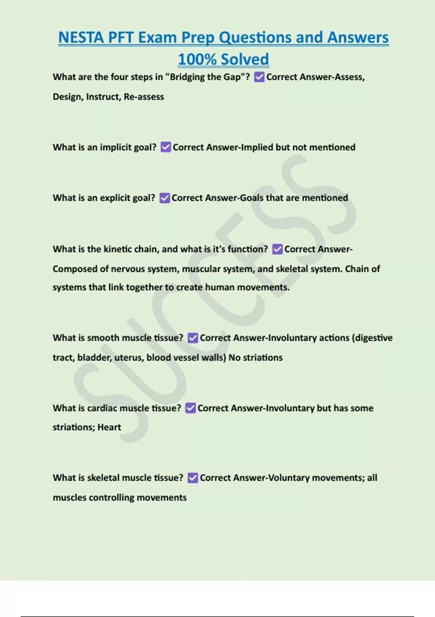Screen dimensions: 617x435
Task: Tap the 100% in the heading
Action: [x=197, y=59]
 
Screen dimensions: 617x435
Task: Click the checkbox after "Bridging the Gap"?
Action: [x=259, y=77]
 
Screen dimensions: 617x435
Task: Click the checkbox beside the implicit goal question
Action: [x=166, y=147]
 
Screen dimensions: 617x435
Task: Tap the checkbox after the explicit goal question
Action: [x=165, y=198]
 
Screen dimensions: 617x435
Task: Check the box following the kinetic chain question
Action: [x=277, y=249]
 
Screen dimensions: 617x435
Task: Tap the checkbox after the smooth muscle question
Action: [x=193, y=338]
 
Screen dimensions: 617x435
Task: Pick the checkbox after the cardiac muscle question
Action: [x=191, y=408]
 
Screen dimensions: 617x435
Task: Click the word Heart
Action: [x=109, y=427]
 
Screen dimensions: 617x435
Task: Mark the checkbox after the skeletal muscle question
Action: [x=193, y=478]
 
